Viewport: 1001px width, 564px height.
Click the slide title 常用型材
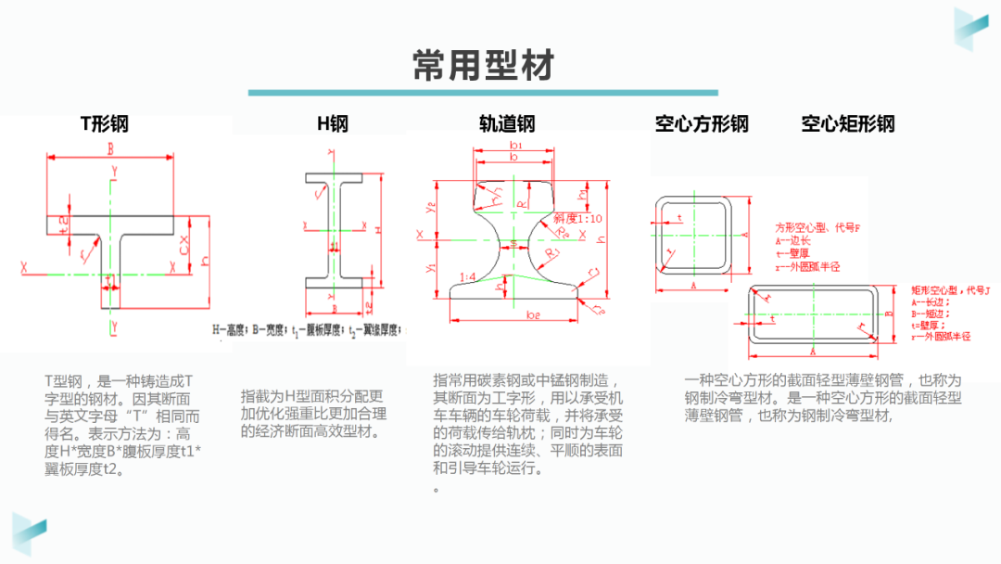tap(483, 66)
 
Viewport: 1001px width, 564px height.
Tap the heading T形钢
tap(104, 124)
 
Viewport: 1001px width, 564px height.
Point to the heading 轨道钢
tap(507, 124)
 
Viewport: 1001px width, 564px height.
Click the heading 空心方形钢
tap(701, 124)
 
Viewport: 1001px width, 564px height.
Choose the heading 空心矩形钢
tap(848, 124)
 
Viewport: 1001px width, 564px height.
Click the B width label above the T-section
tap(110, 148)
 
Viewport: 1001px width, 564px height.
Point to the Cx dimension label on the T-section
tap(184, 249)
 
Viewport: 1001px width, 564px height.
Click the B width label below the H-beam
tap(333, 309)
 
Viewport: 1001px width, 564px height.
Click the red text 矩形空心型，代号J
tap(951, 289)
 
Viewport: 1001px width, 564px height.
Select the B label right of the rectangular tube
tap(887, 314)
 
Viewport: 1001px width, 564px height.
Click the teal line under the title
tap(483, 93)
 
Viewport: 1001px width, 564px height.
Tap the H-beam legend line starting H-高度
tap(310, 329)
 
